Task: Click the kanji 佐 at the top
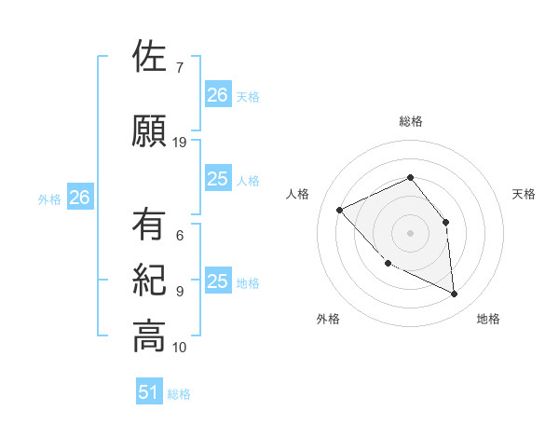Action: pos(149,58)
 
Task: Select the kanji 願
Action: pos(149,130)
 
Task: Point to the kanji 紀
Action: pos(149,281)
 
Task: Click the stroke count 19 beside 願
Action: pos(180,143)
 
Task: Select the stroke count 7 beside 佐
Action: pos(179,68)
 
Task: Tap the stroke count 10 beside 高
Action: pos(180,348)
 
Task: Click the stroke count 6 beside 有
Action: pos(179,236)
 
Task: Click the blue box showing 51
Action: pos(149,392)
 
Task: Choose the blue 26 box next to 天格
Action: pos(218,94)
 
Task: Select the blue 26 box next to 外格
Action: pos(79,198)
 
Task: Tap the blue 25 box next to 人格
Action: pos(218,179)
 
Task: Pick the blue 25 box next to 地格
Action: pos(218,281)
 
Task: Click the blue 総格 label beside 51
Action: pos(179,394)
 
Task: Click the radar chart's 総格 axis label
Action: pos(410,121)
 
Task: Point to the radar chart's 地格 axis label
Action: pos(488,320)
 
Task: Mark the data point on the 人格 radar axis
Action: pos(340,210)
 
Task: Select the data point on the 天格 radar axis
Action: pos(445,222)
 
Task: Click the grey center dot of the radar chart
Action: pos(410,233)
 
